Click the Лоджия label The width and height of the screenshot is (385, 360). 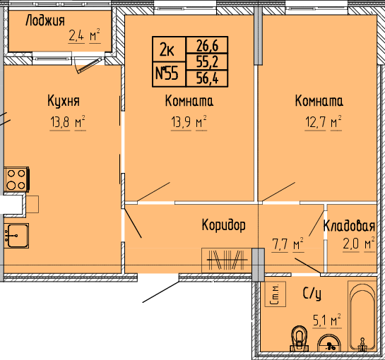(45, 20)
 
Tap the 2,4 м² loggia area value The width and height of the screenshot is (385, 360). (84, 36)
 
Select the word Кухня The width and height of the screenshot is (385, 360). (64, 100)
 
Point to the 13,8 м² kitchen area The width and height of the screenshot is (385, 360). (68, 122)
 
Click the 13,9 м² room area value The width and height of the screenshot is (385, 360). (189, 122)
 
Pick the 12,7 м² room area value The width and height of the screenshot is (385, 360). (323, 122)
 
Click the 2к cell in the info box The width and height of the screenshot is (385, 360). (167, 49)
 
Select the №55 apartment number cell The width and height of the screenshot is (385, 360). (167, 74)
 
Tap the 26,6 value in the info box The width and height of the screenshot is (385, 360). (207, 45)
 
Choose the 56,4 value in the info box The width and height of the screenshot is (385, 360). (207, 78)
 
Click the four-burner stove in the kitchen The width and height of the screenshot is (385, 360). (17, 179)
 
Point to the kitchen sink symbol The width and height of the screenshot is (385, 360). (16, 236)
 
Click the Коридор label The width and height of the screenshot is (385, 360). (223, 225)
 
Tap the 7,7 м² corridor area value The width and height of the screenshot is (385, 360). (288, 245)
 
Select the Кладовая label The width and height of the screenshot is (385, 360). (349, 226)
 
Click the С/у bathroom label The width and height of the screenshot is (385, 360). (312, 294)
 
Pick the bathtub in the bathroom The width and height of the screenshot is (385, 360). (362, 317)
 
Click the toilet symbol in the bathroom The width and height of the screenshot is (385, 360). (300, 339)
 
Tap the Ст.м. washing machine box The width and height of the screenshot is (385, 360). (276, 294)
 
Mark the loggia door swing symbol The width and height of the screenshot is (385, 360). (88, 65)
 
